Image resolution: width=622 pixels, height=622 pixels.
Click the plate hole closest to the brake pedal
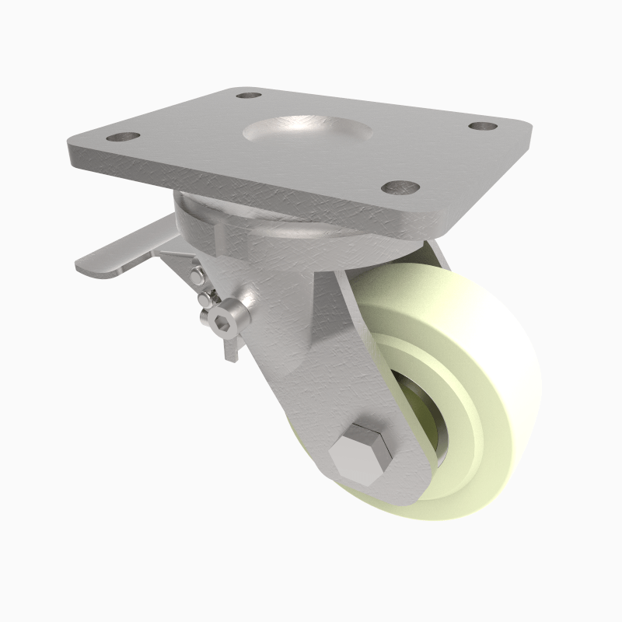[122, 138]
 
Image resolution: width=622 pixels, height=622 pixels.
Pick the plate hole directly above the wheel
[401, 187]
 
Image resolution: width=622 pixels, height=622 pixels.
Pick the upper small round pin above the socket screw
[198, 274]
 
